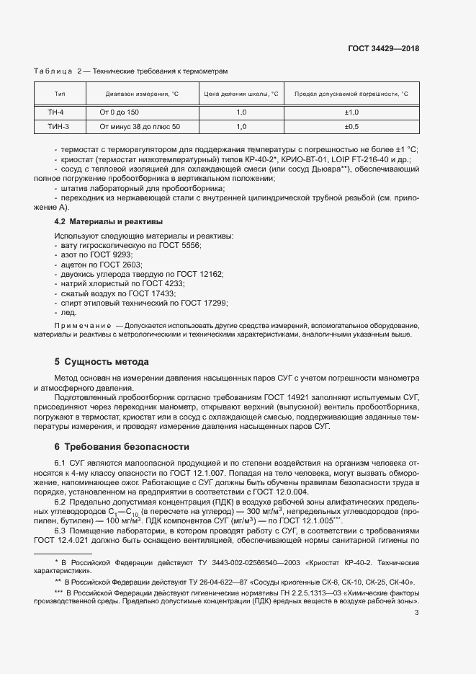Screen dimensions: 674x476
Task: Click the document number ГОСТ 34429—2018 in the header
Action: point(384,49)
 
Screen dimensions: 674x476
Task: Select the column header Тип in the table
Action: point(60,94)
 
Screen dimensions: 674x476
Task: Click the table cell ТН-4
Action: point(56,113)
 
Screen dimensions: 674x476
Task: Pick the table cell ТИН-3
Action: point(58,127)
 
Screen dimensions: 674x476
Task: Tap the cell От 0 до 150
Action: point(114,113)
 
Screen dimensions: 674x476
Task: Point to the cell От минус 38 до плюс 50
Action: point(135,127)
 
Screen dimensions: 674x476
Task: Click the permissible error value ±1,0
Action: point(351,113)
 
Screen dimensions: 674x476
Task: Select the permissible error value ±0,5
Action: point(351,127)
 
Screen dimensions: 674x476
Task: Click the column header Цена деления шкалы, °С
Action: point(241,94)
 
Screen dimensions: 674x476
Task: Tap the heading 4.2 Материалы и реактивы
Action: point(109,221)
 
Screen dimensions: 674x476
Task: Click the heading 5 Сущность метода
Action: point(102,361)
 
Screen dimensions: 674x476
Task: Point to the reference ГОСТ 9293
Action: point(114,255)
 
